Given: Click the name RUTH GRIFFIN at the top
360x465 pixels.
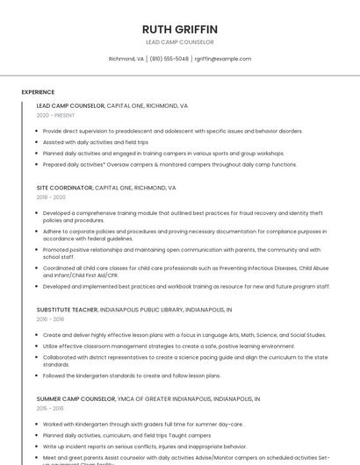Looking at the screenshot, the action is (179, 29).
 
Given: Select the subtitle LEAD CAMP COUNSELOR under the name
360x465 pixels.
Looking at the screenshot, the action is (179, 42).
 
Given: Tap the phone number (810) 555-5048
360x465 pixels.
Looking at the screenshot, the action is (169, 59).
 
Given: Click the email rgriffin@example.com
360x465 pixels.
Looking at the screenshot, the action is (223, 59).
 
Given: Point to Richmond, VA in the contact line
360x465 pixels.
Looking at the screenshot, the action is (126, 59).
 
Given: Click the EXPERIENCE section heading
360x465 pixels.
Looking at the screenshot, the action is (38, 91).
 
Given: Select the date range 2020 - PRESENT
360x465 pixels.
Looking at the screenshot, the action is (55, 115).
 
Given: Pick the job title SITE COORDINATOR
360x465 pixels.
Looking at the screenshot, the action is (64, 188).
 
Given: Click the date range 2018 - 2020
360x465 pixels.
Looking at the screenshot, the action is (51, 197).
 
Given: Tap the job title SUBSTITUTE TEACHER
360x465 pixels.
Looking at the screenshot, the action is (67, 310).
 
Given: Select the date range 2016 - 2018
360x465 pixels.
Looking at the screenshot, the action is (51, 319).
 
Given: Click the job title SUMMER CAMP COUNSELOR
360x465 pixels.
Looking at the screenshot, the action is (76, 398).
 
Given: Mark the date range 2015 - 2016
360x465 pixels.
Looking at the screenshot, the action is (51, 408).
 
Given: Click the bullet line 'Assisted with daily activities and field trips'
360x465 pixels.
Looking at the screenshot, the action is (95, 142).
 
